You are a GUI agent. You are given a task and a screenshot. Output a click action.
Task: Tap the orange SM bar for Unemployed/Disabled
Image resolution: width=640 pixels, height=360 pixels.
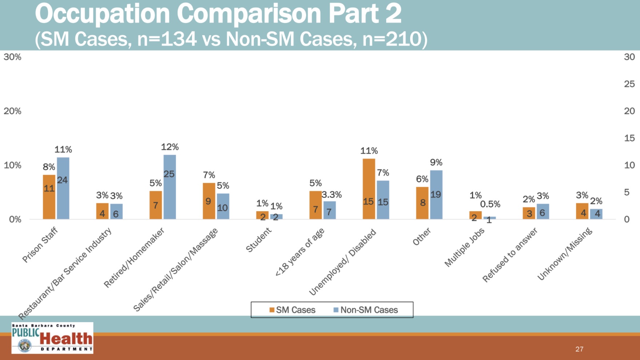(369, 189)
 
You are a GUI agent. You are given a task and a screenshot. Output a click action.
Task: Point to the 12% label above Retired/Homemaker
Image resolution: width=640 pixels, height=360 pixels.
(170, 147)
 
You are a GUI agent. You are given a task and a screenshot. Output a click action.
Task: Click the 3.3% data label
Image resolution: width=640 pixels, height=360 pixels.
(332, 195)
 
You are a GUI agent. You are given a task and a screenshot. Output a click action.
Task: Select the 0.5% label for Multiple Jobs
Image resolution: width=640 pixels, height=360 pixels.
(490, 204)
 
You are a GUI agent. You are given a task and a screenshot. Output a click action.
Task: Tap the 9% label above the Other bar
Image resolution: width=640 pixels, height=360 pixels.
(436, 162)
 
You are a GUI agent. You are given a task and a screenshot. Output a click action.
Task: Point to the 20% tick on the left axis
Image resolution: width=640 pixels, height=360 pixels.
(12, 111)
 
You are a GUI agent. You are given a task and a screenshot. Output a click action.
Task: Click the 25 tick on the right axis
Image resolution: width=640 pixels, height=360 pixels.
(629, 84)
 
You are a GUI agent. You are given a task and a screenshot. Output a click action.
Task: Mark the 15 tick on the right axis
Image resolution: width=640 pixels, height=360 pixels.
(629, 138)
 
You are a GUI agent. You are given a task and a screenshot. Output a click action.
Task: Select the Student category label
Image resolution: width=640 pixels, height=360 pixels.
(259, 240)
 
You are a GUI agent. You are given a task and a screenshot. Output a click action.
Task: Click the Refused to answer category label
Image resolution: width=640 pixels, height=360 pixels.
(510, 255)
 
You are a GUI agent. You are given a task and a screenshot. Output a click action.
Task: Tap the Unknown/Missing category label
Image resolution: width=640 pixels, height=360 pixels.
(565, 254)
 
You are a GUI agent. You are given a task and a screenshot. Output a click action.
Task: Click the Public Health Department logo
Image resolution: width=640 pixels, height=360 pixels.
(52, 338)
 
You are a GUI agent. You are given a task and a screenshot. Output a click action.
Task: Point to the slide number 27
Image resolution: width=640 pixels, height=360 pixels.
(579, 349)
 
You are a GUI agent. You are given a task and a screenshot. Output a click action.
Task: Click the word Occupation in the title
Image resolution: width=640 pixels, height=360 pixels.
(102, 14)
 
